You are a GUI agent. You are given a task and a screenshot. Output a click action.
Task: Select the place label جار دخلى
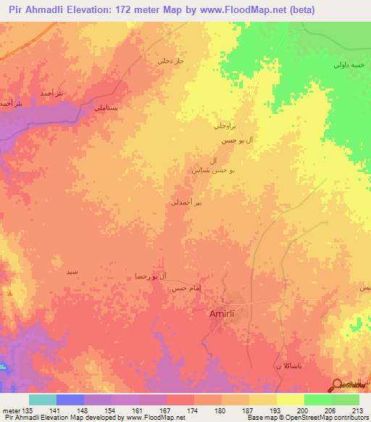pos(172,61)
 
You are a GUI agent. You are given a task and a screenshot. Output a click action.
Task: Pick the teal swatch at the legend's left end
pos(43,399)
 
